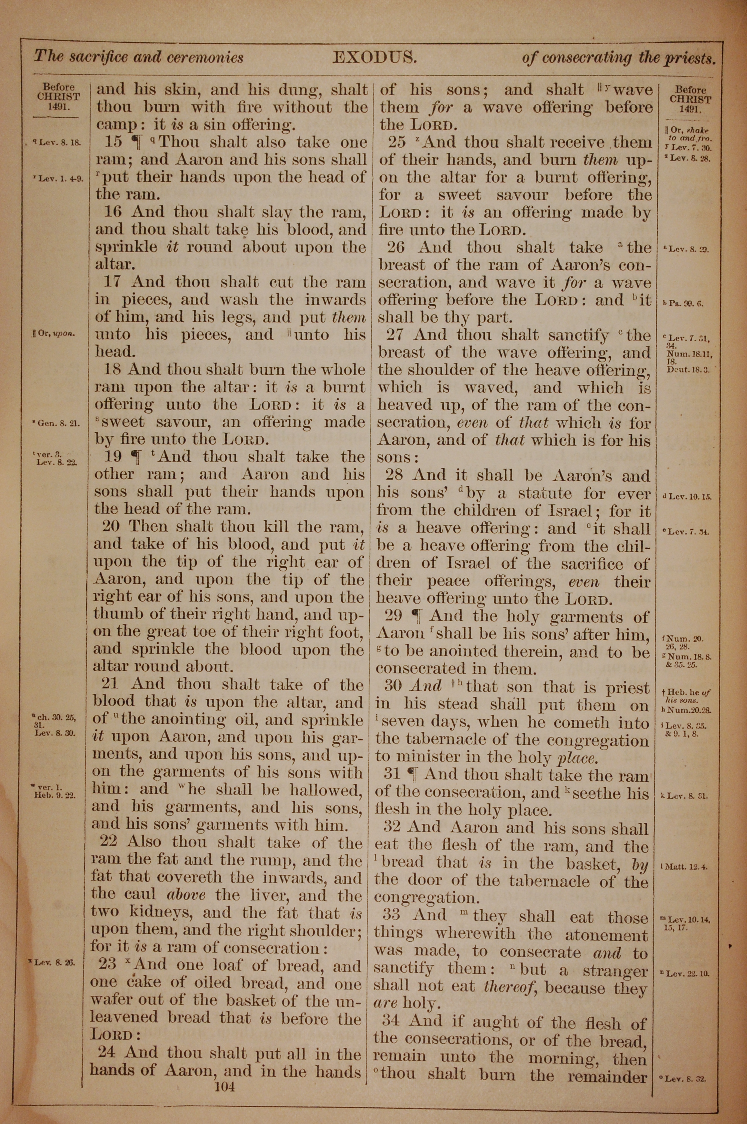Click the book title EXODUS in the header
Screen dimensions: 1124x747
point(375,58)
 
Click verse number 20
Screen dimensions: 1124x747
point(111,527)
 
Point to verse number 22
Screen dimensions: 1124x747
point(109,841)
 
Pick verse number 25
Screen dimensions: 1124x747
point(397,142)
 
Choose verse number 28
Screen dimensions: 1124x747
point(394,475)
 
